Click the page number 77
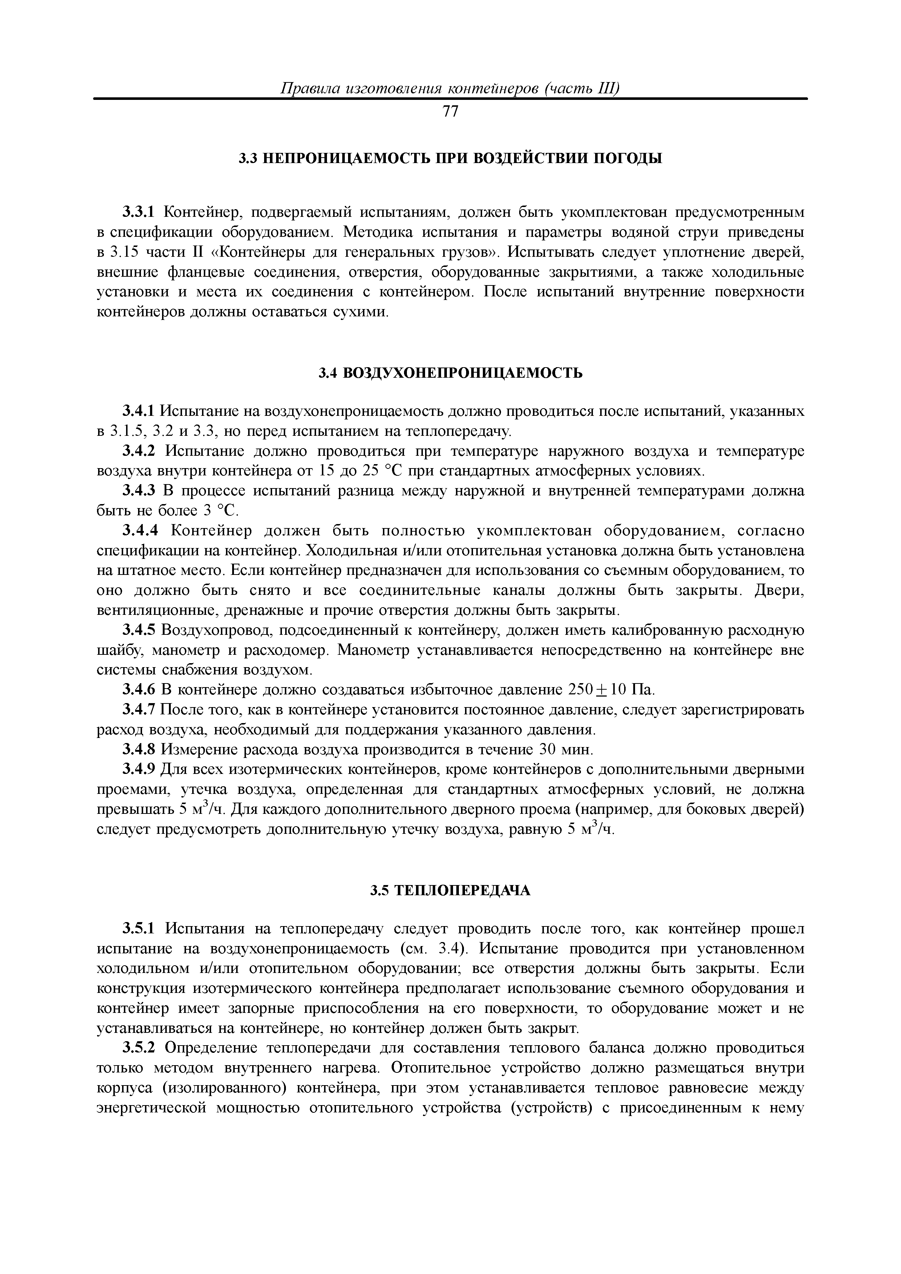click(x=450, y=112)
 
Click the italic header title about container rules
click(x=450, y=88)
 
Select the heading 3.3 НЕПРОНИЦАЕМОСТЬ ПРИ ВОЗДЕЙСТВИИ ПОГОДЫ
click(x=450, y=159)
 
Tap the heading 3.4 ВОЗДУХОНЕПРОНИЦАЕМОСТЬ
click(x=450, y=373)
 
